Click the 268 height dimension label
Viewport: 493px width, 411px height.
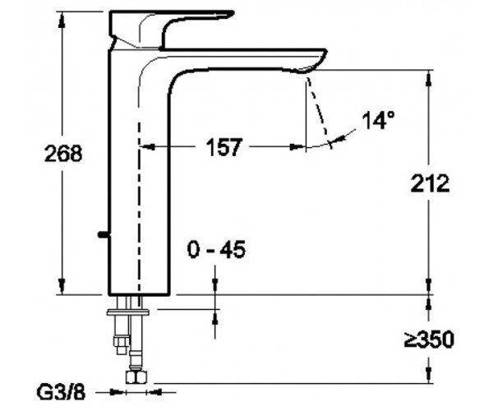(x=63, y=154)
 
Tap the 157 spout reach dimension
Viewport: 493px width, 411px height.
(x=223, y=147)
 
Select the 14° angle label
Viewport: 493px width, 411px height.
(x=378, y=120)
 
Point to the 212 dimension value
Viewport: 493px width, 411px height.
(x=430, y=183)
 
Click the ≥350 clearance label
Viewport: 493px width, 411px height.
(x=429, y=339)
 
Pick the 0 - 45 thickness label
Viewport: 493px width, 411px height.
(x=216, y=250)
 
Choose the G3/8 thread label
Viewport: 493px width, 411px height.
(x=61, y=392)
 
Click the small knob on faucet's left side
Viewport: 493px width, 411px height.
(x=104, y=234)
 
